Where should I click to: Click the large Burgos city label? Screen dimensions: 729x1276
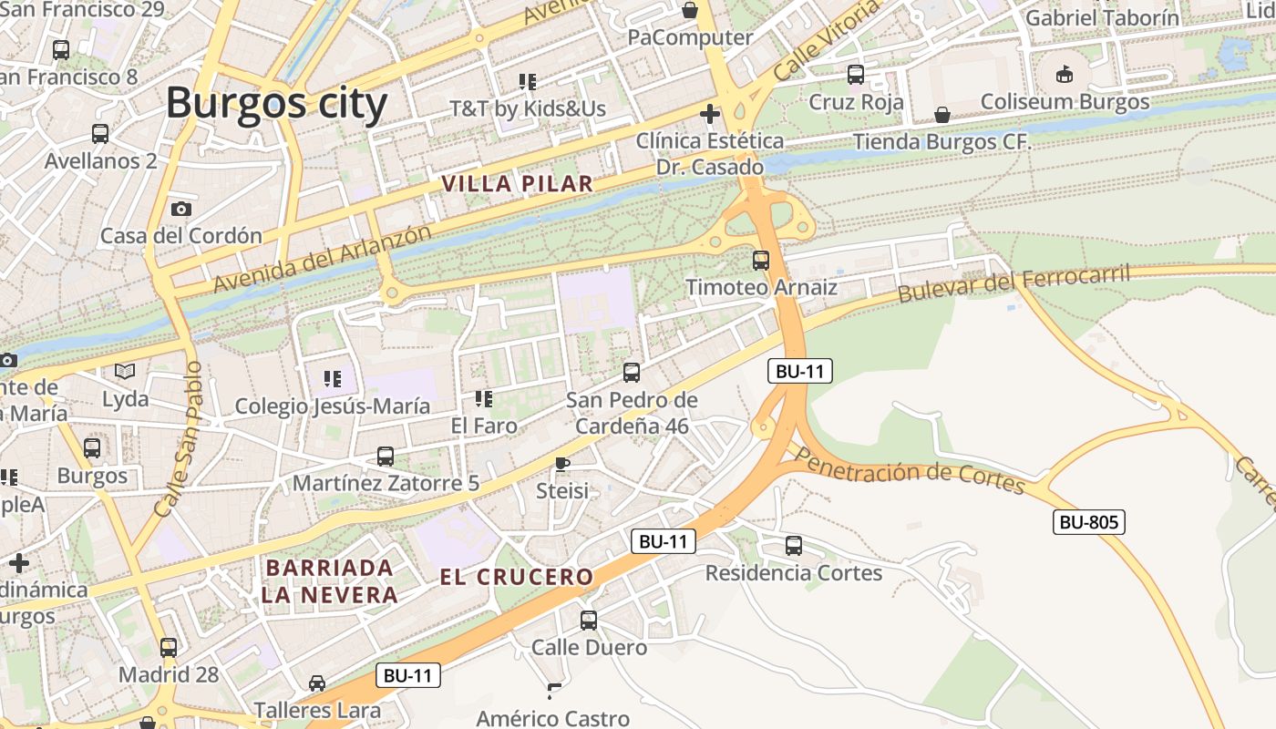pos(276,103)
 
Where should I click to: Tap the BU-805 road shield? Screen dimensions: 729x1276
pos(1088,522)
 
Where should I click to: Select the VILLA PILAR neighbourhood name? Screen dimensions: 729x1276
pos(517,183)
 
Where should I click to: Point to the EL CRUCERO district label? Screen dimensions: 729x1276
pos(517,577)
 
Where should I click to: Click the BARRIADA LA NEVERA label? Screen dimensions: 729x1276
pos(330,581)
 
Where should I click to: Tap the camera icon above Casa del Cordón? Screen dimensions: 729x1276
pos(180,209)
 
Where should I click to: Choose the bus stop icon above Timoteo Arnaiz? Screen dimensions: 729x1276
pos(761,261)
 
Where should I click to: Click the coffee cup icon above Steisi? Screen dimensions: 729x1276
pos(562,464)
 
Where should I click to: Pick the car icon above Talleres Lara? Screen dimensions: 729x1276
pos(317,683)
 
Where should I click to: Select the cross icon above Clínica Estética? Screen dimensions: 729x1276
pos(709,114)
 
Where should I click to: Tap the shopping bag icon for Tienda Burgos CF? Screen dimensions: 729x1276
pos(942,115)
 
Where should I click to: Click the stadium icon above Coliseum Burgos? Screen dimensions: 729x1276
pos(1065,74)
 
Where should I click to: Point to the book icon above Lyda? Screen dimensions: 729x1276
pos(125,372)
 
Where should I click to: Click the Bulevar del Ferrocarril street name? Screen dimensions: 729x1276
pos(1014,283)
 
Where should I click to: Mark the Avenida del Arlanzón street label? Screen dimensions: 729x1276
pos(322,259)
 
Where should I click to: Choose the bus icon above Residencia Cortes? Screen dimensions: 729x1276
pos(794,546)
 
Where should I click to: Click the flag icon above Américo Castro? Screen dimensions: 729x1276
pos(553,691)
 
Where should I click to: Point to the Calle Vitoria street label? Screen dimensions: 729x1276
pos(827,38)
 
